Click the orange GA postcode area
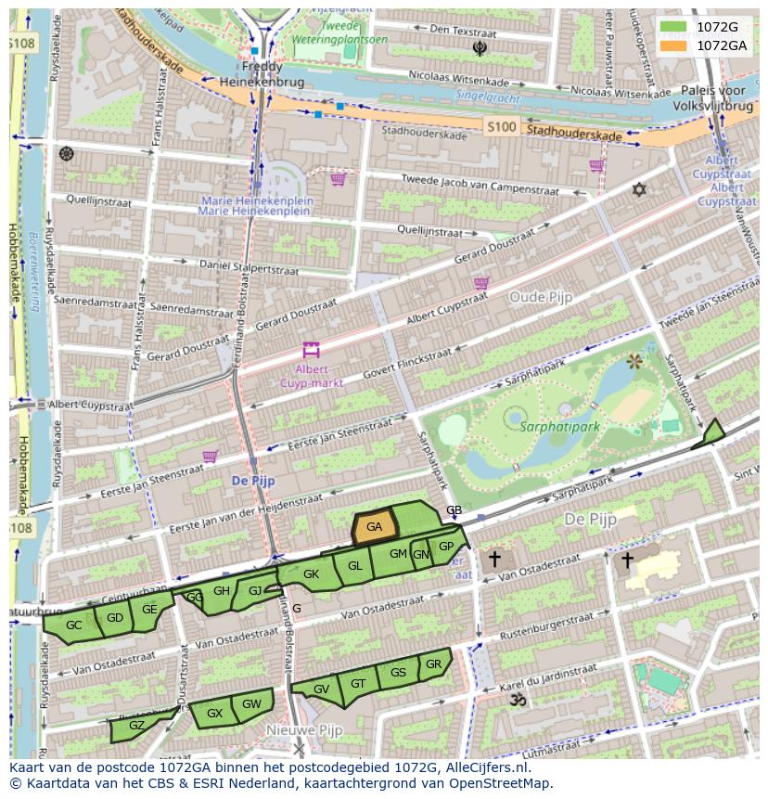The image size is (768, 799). pyautogui.click(x=375, y=527)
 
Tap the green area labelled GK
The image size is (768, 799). pyautogui.click(x=311, y=574)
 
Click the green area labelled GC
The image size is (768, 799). pyautogui.click(x=73, y=626)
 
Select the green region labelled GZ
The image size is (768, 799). pyautogui.click(x=136, y=726)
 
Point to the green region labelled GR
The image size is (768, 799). pyautogui.click(x=434, y=664)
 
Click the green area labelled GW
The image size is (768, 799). pyautogui.click(x=251, y=703)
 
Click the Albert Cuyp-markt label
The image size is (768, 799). pyautogui.click(x=312, y=376)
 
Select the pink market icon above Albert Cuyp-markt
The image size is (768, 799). pyautogui.click(x=310, y=351)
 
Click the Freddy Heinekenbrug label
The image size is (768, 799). pyautogui.click(x=262, y=74)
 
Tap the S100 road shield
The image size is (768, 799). pyautogui.click(x=500, y=127)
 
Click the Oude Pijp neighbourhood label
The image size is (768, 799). pyautogui.click(x=541, y=297)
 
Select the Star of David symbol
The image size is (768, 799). pyautogui.click(x=638, y=189)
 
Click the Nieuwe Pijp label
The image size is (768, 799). pyautogui.click(x=300, y=729)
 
